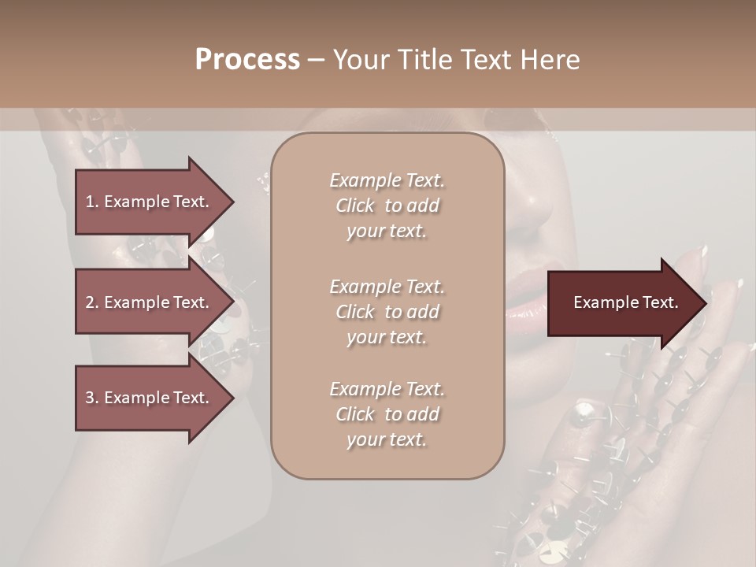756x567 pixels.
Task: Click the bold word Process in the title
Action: [x=247, y=60]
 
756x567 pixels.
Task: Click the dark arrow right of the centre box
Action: [x=622, y=303]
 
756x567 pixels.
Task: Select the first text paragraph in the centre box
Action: [x=387, y=206]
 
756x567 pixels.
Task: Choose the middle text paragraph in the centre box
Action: [x=387, y=312]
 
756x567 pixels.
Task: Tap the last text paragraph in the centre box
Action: [x=387, y=414]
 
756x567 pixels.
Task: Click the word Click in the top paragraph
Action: [x=355, y=206]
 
